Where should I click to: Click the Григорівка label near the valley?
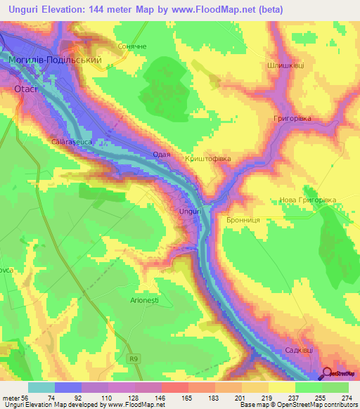(292, 119)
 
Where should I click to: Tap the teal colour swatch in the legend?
(41, 387)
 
